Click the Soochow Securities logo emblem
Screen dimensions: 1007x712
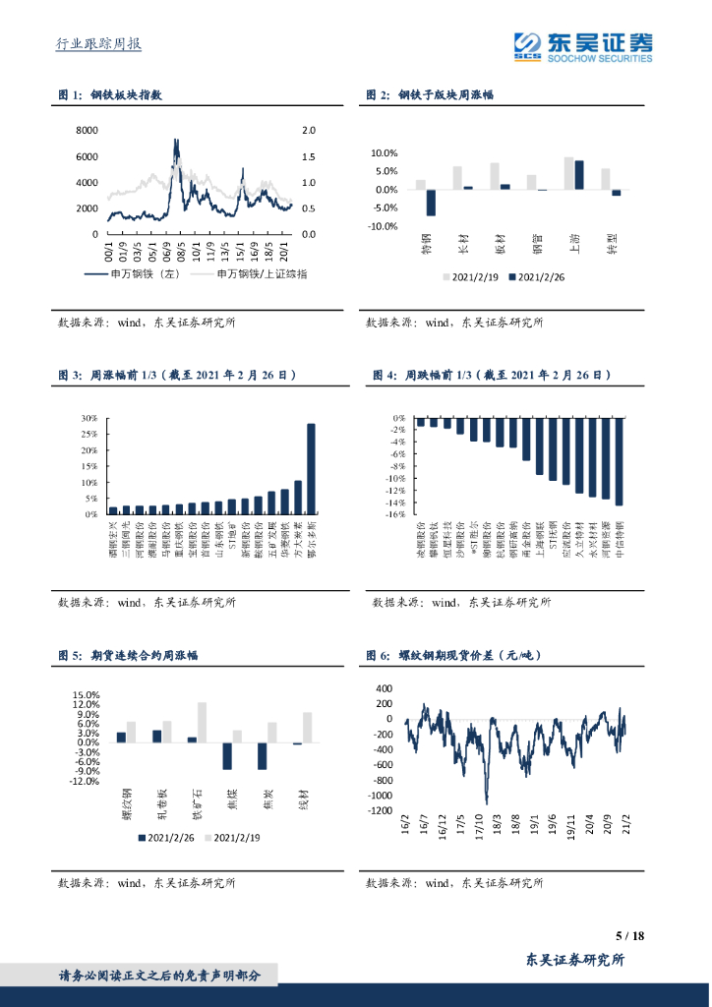tap(530, 45)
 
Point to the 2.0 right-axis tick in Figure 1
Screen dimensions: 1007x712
tap(308, 130)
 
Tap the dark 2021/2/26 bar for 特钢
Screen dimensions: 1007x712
tap(431, 203)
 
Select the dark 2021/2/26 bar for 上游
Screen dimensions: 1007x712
tap(579, 175)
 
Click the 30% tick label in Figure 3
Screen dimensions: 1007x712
tap(89, 418)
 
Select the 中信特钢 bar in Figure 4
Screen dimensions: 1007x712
tap(619, 461)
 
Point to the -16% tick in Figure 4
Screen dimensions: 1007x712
tap(397, 513)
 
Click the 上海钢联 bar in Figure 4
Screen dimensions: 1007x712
tap(539, 446)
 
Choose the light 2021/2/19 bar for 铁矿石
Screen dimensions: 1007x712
tap(202, 722)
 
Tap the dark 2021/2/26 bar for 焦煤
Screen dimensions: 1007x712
tap(227, 755)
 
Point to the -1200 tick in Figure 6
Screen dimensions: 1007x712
tap(379, 810)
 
